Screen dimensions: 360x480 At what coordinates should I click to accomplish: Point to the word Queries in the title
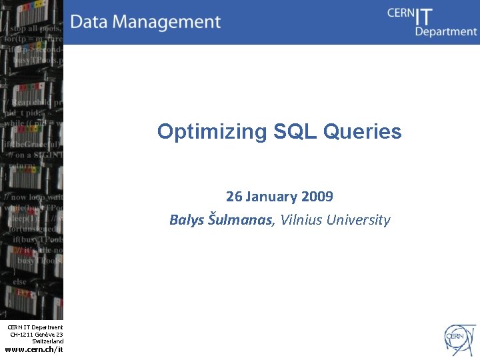pos(363,132)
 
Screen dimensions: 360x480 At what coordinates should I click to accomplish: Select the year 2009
pos(317,197)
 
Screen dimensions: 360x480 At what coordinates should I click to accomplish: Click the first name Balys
pos(187,220)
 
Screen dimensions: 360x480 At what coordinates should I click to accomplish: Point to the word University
pos(358,220)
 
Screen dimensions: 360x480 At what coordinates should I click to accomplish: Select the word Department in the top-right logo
pos(446,31)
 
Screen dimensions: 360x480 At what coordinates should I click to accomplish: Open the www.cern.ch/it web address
pos(34,349)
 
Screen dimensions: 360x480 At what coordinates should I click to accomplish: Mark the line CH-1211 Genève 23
pos(37,334)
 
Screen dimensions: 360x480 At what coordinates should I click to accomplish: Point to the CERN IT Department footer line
pos(35,327)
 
